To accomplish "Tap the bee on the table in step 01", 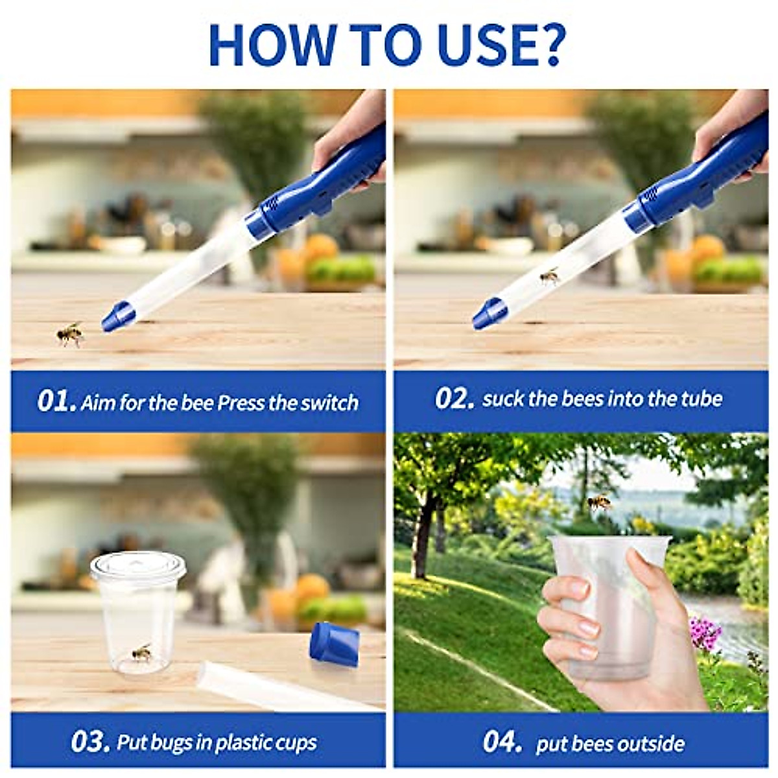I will [x=70, y=334].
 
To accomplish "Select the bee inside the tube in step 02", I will [x=550, y=276].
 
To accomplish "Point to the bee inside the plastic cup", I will [x=142, y=652].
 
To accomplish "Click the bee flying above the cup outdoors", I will [x=599, y=502].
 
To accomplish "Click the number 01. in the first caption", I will [x=56, y=401].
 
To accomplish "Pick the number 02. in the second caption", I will [x=454, y=398].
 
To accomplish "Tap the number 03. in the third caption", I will [x=90, y=742].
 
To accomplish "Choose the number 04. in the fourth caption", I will [x=502, y=742].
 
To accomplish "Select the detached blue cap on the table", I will [x=335, y=643].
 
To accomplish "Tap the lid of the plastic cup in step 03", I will [x=138, y=566].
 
